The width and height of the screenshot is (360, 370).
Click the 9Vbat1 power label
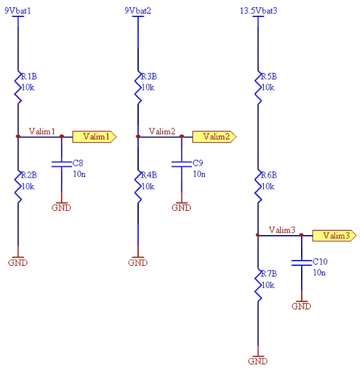pos(18,11)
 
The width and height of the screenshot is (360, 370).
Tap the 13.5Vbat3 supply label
pos(259,11)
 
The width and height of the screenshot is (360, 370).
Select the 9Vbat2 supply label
pos(137,11)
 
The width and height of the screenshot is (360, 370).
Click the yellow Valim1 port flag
pos(94,137)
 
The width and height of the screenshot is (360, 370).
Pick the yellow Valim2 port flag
pos(215,137)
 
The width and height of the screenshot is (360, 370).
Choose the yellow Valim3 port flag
pos(334,236)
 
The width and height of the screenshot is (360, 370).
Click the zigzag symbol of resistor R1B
pos(18,87)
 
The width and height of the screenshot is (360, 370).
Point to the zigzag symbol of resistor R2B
pos(18,186)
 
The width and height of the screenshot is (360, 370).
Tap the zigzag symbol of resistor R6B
pos(258,186)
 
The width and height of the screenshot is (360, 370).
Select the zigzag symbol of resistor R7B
pos(258,285)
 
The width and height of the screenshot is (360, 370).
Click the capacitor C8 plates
pos(62,164)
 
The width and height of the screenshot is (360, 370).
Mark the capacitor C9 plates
pos(182,164)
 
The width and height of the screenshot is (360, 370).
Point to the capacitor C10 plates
pos(302,263)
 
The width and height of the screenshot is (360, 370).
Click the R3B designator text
pos(149,77)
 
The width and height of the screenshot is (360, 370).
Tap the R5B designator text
pos(269,77)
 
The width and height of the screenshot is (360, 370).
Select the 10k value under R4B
pos(148,187)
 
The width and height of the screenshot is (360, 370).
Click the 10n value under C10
pos(319,273)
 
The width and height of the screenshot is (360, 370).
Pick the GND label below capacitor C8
pos(62,208)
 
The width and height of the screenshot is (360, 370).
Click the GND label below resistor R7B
pos(258,361)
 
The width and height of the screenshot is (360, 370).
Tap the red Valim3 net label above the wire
pos(282,230)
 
